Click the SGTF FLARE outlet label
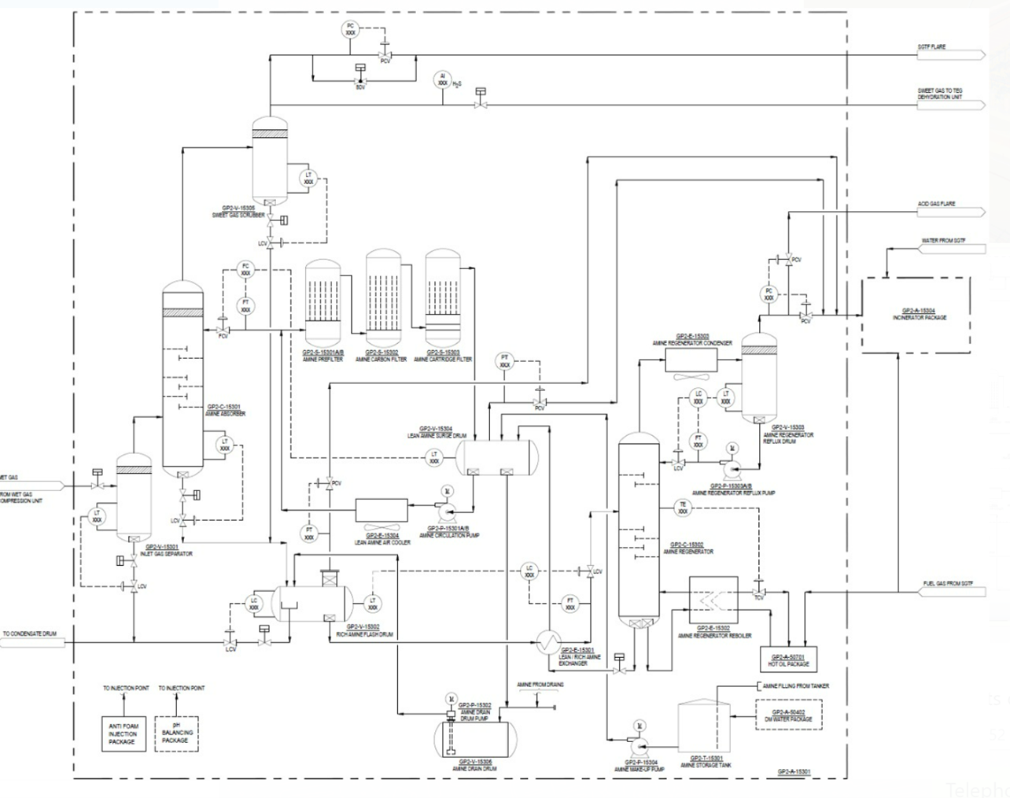click(x=931, y=47)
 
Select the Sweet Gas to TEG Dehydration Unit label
click(x=939, y=94)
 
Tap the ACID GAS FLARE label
click(x=936, y=204)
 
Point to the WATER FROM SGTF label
click(x=943, y=241)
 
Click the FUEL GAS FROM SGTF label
click(x=948, y=583)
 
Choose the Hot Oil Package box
click(x=789, y=659)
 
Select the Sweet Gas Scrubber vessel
click(x=270, y=161)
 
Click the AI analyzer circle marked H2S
click(x=443, y=79)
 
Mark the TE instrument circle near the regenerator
click(x=683, y=508)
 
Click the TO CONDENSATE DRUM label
click(x=30, y=634)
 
